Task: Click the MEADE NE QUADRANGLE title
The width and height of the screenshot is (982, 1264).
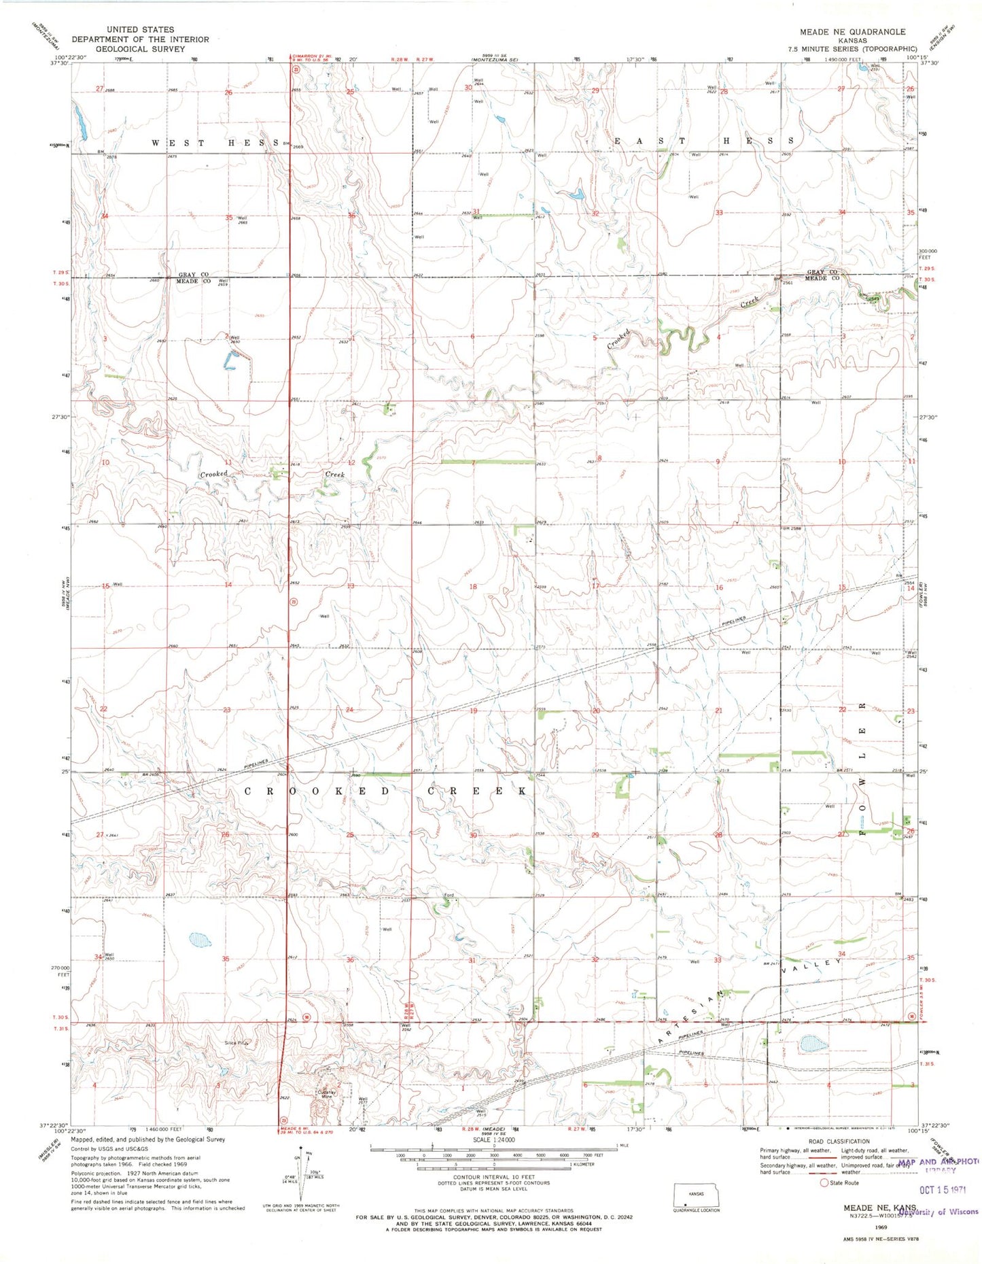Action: (852, 32)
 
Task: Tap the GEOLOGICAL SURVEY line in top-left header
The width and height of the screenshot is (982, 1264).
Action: (140, 49)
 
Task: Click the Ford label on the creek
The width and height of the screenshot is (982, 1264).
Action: (449, 895)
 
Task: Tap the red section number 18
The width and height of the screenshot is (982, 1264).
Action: (473, 586)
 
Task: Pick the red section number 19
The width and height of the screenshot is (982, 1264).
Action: (473, 711)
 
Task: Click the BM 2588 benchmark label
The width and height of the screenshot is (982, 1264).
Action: (792, 528)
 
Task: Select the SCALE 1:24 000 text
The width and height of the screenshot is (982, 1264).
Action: (493, 1140)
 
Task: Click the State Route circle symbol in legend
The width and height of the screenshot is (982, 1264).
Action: (824, 1182)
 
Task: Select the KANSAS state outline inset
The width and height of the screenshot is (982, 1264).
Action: (696, 1195)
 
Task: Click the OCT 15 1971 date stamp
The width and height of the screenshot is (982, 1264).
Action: (942, 1190)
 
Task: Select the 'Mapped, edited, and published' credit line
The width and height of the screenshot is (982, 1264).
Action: (147, 1140)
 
